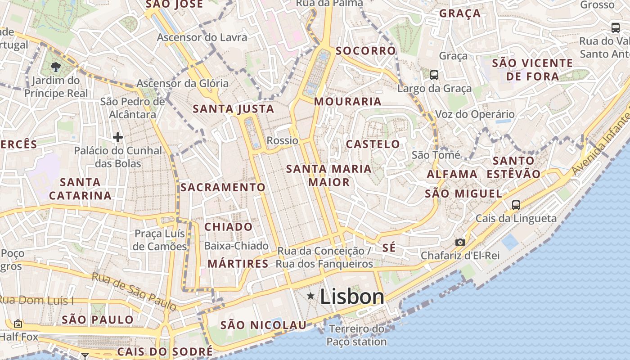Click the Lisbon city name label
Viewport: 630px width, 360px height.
click(352, 297)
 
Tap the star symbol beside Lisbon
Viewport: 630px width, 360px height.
click(310, 296)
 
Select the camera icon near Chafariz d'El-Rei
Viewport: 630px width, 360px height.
click(460, 242)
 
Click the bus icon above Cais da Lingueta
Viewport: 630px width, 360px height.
click(516, 205)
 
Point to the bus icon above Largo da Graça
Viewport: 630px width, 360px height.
click(434, 75)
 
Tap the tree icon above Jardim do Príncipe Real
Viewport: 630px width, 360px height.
click(56, 67)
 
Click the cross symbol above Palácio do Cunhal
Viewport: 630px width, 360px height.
click(118, 137)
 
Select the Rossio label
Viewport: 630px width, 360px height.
click(283, 140)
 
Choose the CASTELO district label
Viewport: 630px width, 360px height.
click(373, 144)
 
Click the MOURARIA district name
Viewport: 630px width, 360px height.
click(347, 101)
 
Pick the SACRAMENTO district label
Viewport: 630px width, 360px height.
click(223, 187)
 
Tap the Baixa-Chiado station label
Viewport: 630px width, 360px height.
click(236, 246)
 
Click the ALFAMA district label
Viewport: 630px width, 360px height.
click(452, 174)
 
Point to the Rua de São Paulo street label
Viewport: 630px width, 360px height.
click(134, 292)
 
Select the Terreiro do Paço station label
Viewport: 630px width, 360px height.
click(356, 335)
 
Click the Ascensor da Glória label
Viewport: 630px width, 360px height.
click(182, 83)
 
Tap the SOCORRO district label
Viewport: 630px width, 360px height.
click(365, 51)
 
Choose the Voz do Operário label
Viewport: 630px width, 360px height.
click(475, 114)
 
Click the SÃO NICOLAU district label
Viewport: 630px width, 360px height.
click(263, 325)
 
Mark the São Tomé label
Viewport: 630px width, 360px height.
click(436, 155)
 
